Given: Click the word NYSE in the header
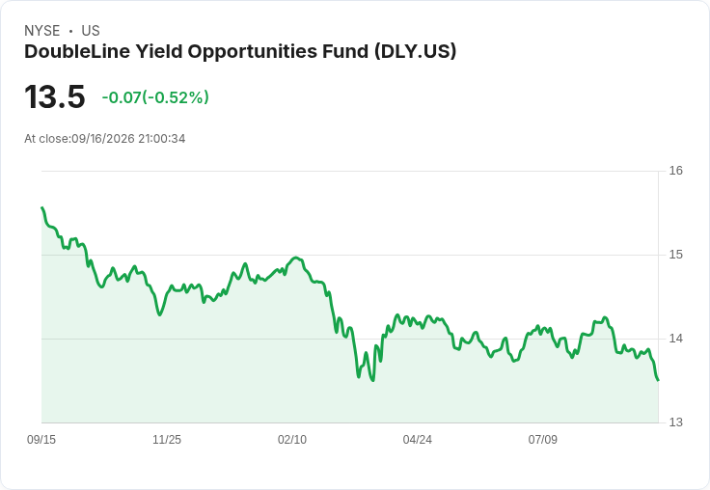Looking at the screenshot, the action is click(x=42, y=31).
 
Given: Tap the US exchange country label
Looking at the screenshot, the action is click(x=91, y=31).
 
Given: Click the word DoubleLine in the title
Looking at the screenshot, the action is click(x=77, y=52).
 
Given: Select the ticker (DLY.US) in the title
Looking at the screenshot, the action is click(x=415, y=52).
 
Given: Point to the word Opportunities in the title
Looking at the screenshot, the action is click(x=252, y=52).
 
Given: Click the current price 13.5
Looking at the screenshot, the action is click(x=55, y=96).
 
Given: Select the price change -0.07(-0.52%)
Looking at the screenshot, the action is click(x=155, y=97).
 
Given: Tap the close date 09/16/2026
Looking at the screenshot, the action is click(x=103, y=139).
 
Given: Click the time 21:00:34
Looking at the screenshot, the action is click(x=162, y=139).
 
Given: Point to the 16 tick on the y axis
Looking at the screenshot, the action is click(x=676, y=171).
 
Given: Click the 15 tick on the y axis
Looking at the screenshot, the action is click(x=676, y=255).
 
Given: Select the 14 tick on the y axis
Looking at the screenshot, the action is click(x=676, y=339).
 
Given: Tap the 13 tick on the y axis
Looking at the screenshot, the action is click(x=676, y=422).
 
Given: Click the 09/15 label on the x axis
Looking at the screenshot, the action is click(x=41, y=440).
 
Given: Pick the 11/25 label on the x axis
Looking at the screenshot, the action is click(x=167, y=440).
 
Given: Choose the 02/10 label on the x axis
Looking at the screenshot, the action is click(x=292, y=440).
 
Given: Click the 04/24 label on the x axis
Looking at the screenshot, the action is click(x=418, y=440).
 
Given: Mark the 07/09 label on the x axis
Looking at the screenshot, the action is click(x=542, y=440).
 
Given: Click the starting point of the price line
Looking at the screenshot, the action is click(x=42, y=208).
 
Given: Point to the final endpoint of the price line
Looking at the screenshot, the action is click(x=658, y=380).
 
